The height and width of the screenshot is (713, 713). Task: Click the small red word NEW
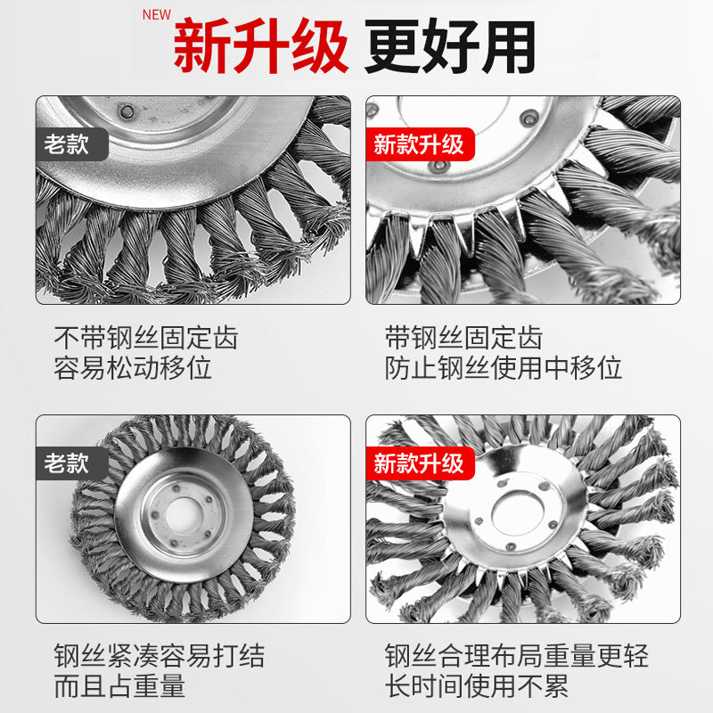(x=157, y=15)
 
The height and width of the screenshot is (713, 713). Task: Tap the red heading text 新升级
(x=259, y=47)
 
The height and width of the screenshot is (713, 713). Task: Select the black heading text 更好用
(x=450, y=47)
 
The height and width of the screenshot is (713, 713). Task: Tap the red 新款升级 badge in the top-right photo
(x=420, y=143)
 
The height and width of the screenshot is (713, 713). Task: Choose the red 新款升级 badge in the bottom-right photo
(x=420, y=463)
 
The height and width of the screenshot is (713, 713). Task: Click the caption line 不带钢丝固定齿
(x=146, y=339)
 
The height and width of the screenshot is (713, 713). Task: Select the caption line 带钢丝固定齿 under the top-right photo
(x=463, y=339)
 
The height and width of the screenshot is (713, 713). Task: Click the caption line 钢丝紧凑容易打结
(x=160, y=658)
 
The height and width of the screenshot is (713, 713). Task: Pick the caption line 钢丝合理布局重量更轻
(x=517, y=658)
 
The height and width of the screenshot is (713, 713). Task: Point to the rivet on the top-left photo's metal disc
(x=127, y=111)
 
